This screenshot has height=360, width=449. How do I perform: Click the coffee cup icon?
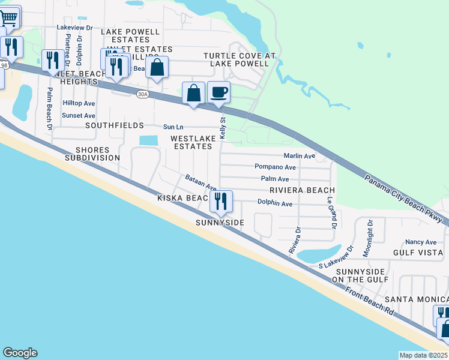click(218, 92)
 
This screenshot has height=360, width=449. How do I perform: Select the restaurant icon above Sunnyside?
click(221, 201)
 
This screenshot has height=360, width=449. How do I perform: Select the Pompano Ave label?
click(275, 167)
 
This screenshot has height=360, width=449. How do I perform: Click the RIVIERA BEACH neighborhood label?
click(302, 190)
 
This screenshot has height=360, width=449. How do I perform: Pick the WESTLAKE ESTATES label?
click(191, 142)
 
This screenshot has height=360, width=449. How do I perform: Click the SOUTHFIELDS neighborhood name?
click(115, 125)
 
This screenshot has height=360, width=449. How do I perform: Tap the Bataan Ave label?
click(200, 182)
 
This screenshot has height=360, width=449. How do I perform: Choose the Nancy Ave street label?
click(420, 242)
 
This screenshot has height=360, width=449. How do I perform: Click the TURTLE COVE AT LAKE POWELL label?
click(239, 59)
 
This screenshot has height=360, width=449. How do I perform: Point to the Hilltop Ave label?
click(79, 103)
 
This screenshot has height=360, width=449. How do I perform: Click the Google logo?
click(20, 353)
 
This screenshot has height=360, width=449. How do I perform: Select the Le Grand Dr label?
click(330, 214)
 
